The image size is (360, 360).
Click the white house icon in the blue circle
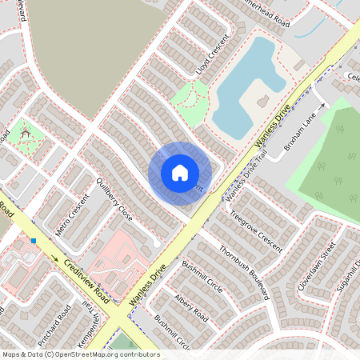point(180,173)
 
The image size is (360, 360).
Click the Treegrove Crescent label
point(256,230)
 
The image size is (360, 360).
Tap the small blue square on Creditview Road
point(34,240)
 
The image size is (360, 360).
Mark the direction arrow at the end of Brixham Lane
point(325,104)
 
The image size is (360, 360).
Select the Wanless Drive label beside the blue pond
point(271,127)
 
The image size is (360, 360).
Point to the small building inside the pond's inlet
point(262,101)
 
